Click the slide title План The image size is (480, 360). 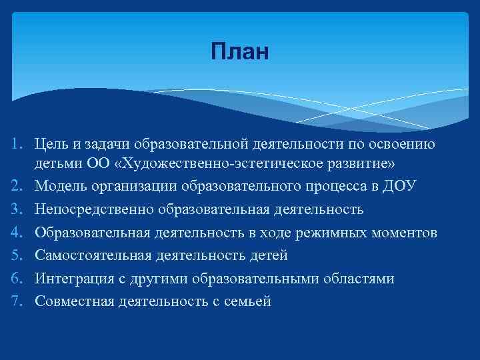tap(240, 51)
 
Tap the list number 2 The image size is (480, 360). tap(19, 186)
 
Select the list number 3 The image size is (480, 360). tap(19, 209)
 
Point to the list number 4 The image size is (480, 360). tap(19, 232)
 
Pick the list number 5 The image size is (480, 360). tap(19, 255)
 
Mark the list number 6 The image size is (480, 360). tap(19, 278)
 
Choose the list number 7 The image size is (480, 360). tap(19, 301)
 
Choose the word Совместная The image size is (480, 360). tap(75, 301)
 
